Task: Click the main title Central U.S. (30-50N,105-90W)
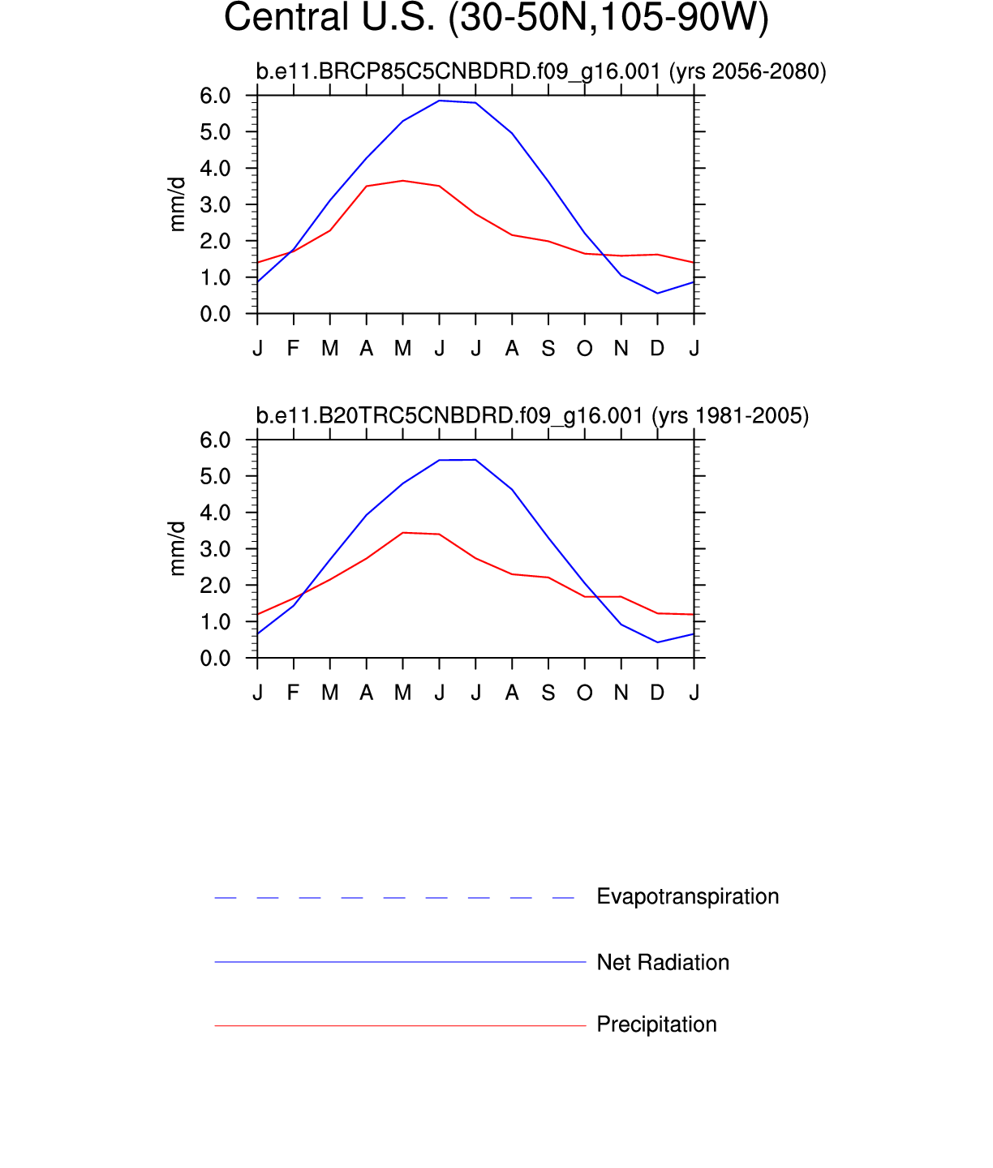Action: (496, 18)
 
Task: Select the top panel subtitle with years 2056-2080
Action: (540, 71)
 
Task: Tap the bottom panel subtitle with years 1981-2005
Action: (532, 416)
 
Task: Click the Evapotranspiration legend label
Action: (687, 896)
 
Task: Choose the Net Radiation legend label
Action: (663, 962)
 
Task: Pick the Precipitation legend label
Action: (656, 1024)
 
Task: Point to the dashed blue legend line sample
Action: (395, 898)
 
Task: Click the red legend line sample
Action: (400, 1026)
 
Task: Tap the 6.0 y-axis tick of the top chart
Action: (215, 96)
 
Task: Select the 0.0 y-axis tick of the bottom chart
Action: (215, 659)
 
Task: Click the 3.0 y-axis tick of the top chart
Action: (215, 205)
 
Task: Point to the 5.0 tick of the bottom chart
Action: (215, 476)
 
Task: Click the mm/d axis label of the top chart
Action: (177, 204)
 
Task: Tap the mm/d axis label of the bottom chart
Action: (177, 549)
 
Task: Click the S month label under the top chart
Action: (548, 349)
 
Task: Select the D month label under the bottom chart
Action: (657, 693)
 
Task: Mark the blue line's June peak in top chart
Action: (440, 101)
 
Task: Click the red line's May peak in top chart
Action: (403, 181)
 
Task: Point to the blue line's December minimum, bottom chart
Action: (657, 642)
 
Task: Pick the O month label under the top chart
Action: (585, 349)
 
